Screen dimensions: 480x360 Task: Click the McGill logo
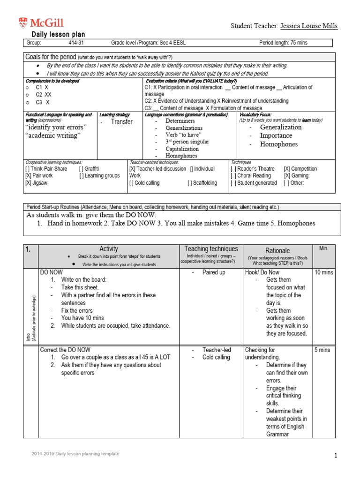(41, 22)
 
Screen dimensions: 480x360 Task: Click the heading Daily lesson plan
(58, 35)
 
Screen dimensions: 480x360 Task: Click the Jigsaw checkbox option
(36, 183)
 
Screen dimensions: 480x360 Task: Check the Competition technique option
(300, 169)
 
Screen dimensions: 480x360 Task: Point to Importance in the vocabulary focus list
(276, 135)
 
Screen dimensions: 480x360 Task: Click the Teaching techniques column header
(211, 249)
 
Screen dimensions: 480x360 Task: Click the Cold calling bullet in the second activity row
(216, 357)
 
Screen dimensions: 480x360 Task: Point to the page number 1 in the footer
(336, 455)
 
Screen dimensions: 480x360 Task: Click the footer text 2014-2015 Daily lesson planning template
(75, 454)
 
